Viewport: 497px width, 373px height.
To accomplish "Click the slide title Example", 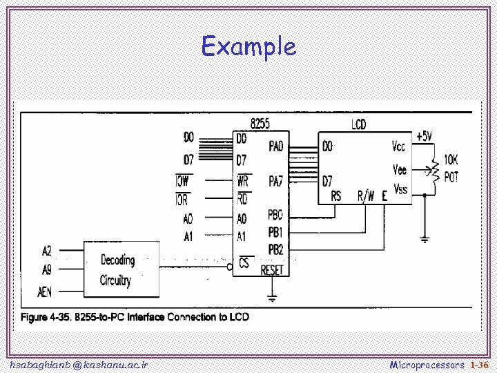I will coord(248,47).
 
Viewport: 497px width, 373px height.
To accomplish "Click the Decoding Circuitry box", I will coord(121,270).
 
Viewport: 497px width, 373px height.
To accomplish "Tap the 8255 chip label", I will coord(260,124).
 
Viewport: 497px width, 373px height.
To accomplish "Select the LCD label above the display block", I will coord(359,124).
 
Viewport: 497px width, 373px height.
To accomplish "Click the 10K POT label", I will coord(451,169).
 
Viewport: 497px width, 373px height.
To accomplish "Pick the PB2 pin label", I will coord(275,249).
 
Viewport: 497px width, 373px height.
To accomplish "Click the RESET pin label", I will coord(272,270).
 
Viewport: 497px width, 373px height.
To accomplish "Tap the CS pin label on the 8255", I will coord(244,263).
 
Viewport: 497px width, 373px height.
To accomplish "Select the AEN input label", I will coord(45,292).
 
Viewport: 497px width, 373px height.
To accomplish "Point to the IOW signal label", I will coord(182,182).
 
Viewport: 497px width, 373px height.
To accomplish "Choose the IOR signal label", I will coord(182,200).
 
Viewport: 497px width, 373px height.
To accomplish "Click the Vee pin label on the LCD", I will coord(400,169).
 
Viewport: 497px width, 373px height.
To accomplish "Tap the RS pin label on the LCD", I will coord(335,196).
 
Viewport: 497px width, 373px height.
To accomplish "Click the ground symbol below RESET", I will coord(272,298).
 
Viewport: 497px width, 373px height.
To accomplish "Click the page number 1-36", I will coord(478,364).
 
